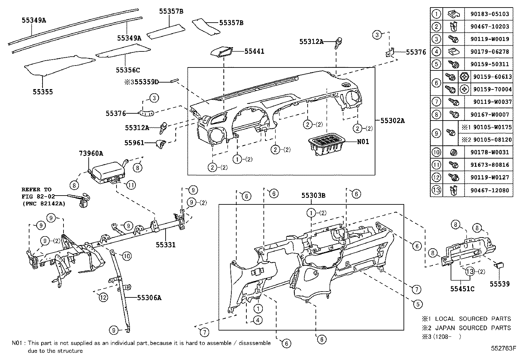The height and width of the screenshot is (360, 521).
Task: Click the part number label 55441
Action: tap(254, 51)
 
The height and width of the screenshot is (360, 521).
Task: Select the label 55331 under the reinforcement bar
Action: tap(165, 244)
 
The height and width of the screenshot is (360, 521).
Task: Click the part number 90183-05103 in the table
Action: tap(490, 14)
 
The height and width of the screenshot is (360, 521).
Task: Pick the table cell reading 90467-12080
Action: tap(490, 190)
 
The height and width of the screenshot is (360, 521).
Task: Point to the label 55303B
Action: tap(313, 196)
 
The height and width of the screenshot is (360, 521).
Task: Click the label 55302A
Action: tap(392, 121)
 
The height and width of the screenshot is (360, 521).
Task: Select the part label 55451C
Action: tap(462, 289)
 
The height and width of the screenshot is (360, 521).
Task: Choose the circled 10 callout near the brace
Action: tap(127, 256)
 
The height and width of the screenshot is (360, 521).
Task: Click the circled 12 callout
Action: tap(103, 297)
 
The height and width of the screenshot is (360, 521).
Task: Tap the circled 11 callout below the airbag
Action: tap(131, 185)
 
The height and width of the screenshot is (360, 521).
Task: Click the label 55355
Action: tap(43, 92)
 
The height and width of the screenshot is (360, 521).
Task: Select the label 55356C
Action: tap(128, 70)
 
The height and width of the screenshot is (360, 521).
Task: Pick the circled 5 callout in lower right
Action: tap(418, 304)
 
